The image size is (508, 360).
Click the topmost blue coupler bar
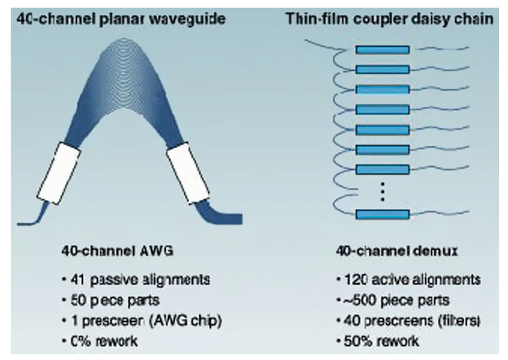click(382, 49)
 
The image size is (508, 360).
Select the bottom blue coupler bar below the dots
click(382, 214)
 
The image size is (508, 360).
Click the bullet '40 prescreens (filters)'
click(407, 320)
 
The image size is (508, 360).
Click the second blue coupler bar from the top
click(382, 69)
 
